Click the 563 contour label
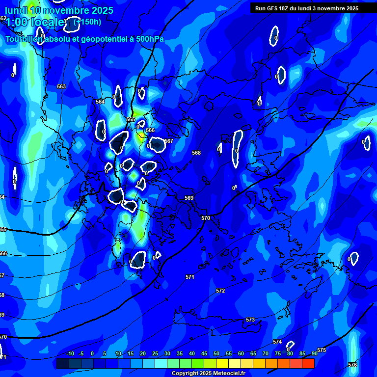[61, 86]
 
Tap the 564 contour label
[100, 102]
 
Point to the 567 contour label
[169, 141]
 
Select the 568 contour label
[196, 153]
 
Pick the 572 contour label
[220, 291]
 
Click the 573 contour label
[250, 320]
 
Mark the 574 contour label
[277, 342]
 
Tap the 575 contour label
[322, 350]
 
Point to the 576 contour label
[352, 365]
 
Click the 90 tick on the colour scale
[314, 354]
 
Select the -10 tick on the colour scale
[70, 354]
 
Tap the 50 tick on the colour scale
[216, 354]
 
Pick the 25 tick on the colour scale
[155, 354]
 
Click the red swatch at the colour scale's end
[308, 363]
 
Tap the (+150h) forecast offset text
[87, 22]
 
